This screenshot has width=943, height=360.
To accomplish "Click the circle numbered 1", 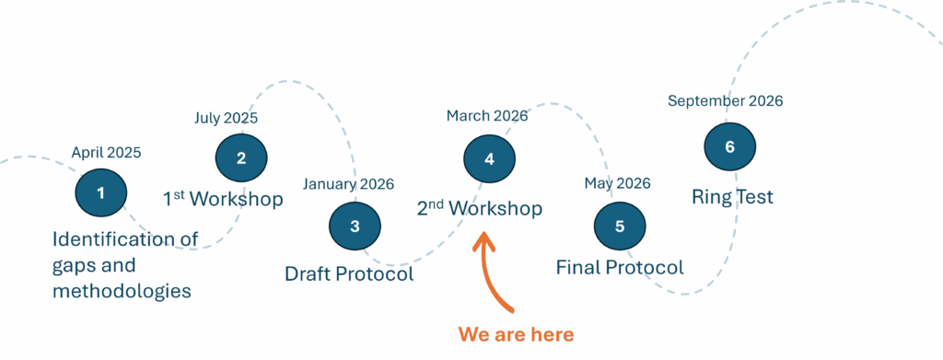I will tap(100, 192).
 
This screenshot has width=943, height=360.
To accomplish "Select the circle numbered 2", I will tap(241, 157).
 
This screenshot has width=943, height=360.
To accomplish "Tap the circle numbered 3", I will tap(355, 226).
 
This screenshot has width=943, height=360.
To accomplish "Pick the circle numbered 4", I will tap(489, 158).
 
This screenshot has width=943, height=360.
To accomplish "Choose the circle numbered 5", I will tap(620, 226).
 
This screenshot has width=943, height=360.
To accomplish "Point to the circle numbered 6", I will tap(730, 147).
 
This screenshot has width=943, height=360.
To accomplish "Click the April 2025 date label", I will tap(106, 153).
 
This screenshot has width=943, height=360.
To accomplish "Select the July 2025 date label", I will tap(226, 118).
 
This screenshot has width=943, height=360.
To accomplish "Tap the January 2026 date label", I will tap(348, 184).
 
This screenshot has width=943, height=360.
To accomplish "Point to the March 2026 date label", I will tap(486, 116).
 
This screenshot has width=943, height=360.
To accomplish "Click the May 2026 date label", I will tap(618, 183).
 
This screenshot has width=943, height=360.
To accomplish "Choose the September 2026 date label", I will tap(725, 101).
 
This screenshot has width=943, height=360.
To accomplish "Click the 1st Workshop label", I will tap(223, 199).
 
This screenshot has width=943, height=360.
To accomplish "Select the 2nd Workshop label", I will tap(479, 209).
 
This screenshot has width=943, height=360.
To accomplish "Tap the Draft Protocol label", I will tap(349, 273).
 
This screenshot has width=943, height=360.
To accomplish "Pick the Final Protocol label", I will tap(620, 268).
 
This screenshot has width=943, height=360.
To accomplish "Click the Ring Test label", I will tap(732, 197).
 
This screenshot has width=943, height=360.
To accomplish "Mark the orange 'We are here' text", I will tap(516, 334).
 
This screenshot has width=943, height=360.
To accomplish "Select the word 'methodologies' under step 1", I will tap(122, 292).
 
